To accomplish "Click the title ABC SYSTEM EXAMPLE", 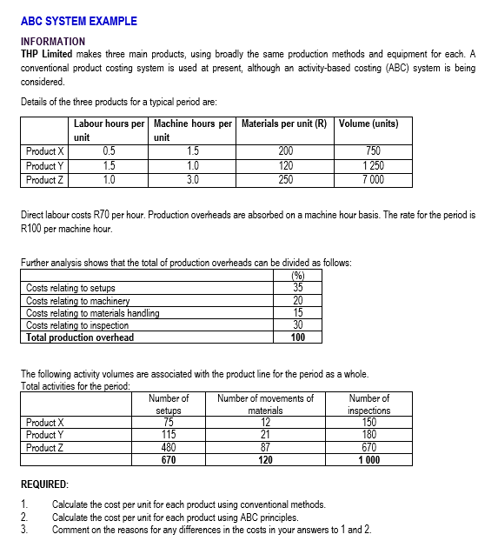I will click(x=79, y=22).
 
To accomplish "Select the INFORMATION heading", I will click(x=53, y=41).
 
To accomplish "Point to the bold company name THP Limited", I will click(x=46, y=54).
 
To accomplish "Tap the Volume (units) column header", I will click(x=369, y=124).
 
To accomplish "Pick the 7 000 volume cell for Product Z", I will click(x=373, y=180).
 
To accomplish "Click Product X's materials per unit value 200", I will click(x=284, y=151).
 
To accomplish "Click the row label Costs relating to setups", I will click(x=70, y=288).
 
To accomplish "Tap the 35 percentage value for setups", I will click(x=298, y=288).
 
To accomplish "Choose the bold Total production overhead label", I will click(x=80, y=337).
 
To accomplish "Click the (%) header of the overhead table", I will click(x=298, y=276).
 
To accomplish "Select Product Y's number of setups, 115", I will click(x=168, y=435).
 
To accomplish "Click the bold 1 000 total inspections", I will click(x=369, y=460).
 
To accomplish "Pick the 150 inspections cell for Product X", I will click(x=369, y=423).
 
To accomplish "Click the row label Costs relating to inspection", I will click(x=77, y=325).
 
